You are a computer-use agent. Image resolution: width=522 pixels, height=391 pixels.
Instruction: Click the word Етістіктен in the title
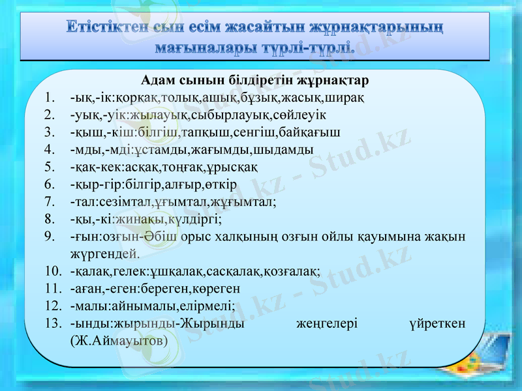(107, 29)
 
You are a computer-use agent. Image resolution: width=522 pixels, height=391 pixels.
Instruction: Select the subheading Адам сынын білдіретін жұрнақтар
(255, 81)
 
